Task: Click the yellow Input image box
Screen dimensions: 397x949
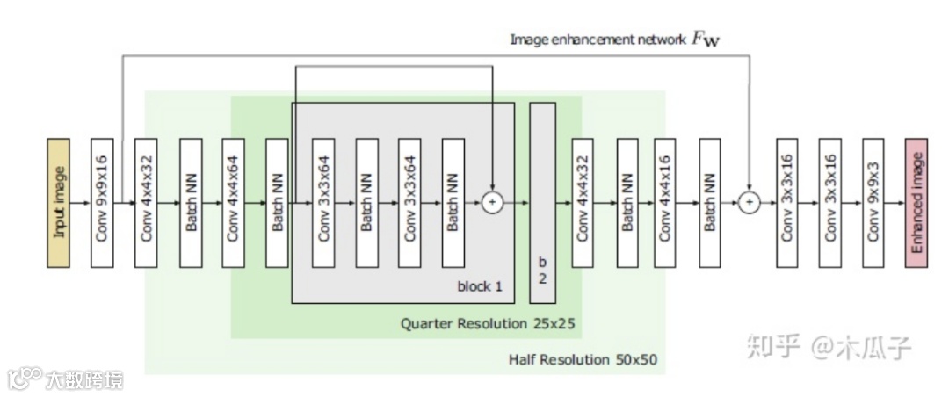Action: tap(58, 202)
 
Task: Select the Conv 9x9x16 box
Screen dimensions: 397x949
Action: tap(102, 202)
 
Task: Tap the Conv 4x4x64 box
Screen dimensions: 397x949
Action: tap(234, 202)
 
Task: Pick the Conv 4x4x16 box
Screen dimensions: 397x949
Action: tap(666, 202)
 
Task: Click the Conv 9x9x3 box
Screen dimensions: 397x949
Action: tap(873, 202)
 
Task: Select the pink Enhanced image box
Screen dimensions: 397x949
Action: tap(916, 202)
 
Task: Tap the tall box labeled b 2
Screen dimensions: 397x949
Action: tap(542, 202)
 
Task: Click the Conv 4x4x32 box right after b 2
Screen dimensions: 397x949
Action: tap(583, 202)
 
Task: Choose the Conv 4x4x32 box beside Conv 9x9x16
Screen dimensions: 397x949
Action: tap(146, 202)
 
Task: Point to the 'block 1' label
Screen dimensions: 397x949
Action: tap(480, 286)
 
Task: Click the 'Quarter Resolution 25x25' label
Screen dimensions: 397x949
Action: tap(488, 323)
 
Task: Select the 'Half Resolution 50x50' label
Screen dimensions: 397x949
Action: tap(583, 360)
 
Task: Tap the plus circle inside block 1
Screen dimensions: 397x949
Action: tap(492, 203)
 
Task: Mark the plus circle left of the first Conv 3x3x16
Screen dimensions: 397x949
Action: tap(749, 203)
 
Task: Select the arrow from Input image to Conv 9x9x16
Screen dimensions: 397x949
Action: tap(80, 203)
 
